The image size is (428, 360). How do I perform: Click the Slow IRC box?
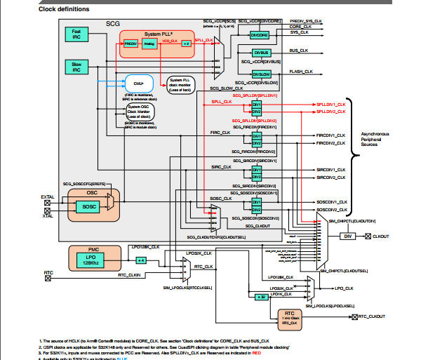76,67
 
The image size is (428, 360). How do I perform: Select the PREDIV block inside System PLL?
131,44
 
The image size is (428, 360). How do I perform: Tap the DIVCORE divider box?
259,34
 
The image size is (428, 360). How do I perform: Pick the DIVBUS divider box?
262,53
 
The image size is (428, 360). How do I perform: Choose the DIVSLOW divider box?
262,72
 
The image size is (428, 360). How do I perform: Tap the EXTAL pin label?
48,197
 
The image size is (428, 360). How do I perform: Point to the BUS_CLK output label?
300,51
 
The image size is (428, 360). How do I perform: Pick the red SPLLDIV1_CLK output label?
330,104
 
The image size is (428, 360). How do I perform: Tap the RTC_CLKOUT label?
371,317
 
